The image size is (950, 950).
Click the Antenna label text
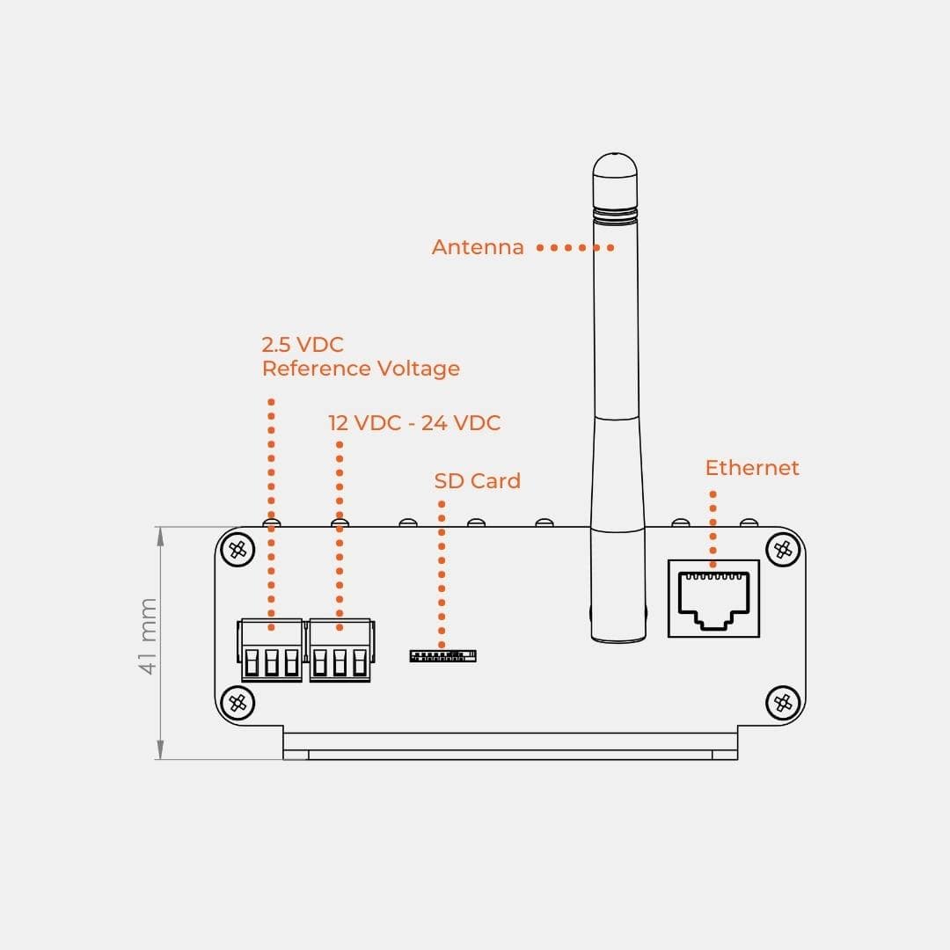[x=478, y=247]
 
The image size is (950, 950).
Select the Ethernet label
[x=752, y=468]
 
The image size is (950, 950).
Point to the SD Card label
[x=477, y=481]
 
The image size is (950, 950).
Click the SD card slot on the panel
[x=442, y=655]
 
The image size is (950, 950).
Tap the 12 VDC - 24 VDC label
[x=414, y=423]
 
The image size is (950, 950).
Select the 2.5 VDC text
[x=303, y=344]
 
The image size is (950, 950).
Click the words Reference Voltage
[x=361, y=369]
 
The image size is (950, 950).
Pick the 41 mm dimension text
[x=148, y=636]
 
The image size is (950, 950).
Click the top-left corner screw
[x=237, y=551]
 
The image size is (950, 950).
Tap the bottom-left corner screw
[x=237, y=702]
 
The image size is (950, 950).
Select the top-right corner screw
[x=781, y=551]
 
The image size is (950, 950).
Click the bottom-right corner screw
[x=781, y=702]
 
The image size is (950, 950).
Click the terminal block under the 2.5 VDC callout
[x=271, y=651]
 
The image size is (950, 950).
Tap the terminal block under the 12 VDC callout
[x=340, y=651]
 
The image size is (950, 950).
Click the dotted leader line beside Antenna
[x=575, y=248]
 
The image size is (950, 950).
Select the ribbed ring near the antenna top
[x=615, y=210]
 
